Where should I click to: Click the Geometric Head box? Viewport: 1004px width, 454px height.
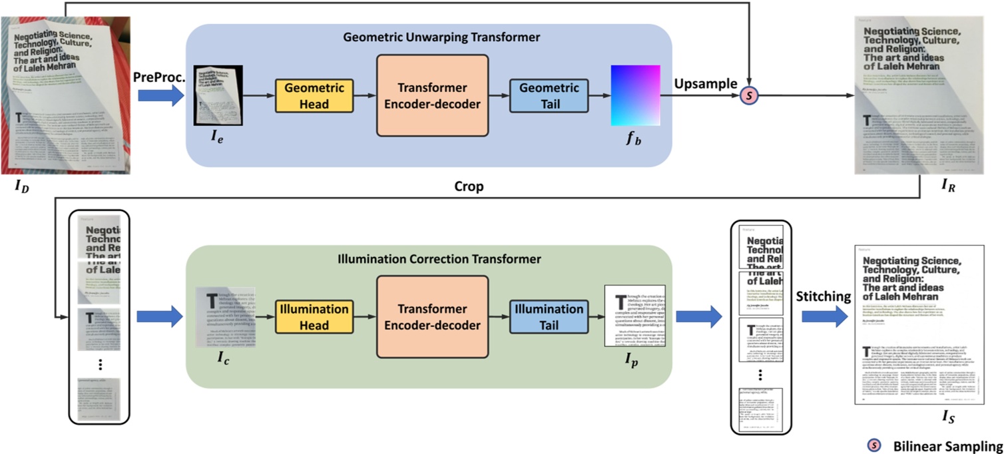tap(314, 96)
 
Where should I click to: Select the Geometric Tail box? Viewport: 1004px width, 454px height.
tap(549, 96)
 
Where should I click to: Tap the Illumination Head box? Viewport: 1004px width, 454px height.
tap(314, 317)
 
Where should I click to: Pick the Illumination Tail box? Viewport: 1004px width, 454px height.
tap(549, 317)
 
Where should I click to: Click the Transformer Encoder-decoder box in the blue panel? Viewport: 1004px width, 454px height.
tap(432, 96)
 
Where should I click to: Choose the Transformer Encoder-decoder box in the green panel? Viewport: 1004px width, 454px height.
tap(432, 317)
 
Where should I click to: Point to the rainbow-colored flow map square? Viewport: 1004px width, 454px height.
tap(635, 95)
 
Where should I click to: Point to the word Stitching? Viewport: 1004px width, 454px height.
tap(824, 296)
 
